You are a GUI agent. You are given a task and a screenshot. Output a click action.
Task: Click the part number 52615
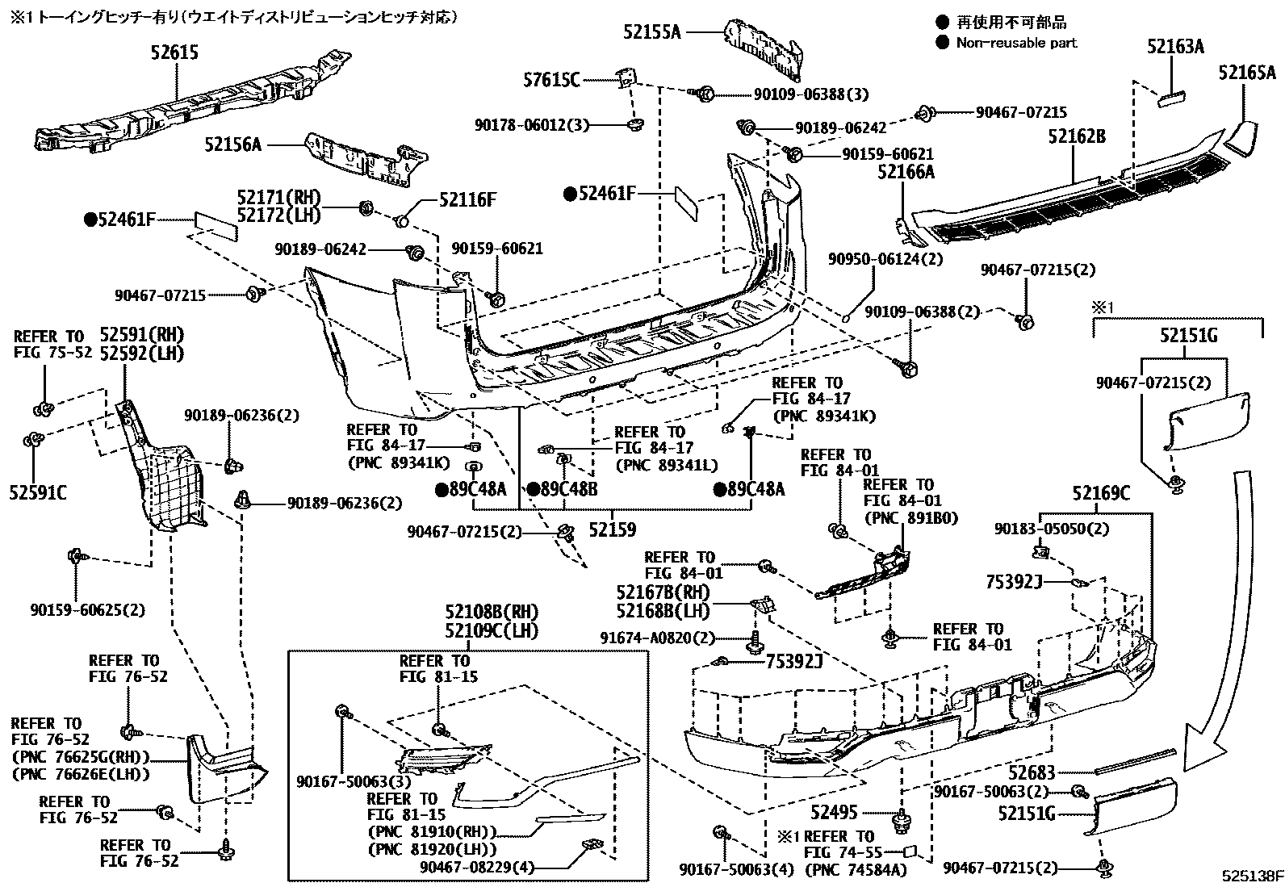tap(174, 52)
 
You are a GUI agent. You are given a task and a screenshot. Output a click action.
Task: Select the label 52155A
tap(652, 31)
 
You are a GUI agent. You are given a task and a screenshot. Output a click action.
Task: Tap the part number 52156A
tap(233, 144)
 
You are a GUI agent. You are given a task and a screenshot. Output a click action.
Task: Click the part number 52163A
tap(1174, 47)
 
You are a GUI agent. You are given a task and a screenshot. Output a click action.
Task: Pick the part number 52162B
tap(1077, 136)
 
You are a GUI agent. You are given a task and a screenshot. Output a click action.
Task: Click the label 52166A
tap(906, 171)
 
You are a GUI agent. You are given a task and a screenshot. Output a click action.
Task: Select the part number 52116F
tap(467, 199)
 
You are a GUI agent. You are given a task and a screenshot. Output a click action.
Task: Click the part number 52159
tap(612, 529)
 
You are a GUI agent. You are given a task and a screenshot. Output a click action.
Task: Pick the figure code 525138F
tap(1250, 876)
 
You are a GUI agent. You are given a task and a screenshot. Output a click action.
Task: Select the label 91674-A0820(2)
tap(658, 638)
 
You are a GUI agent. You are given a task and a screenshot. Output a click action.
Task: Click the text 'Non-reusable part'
tap(1016, 43)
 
